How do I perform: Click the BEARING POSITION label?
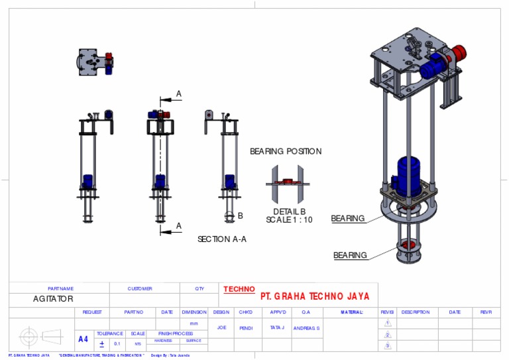(286, 151)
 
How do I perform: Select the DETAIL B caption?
(290, 211)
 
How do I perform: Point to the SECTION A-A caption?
(222, 239)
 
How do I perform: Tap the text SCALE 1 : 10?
(289, 220)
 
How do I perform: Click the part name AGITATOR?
(53, 299)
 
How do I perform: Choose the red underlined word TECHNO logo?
(239, 289)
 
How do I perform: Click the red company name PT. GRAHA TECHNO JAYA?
(315, 296)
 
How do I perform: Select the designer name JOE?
(221, 328)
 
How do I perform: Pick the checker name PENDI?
(246, 328)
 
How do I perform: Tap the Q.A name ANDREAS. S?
(307, 328)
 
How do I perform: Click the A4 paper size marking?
(83, 339)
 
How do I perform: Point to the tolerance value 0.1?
(117, 344)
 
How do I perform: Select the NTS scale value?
(138, 344)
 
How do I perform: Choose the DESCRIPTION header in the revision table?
(416, 312)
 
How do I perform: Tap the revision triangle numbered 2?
(388, 335)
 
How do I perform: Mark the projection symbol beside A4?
(40, 336)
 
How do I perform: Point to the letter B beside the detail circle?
(240, 215)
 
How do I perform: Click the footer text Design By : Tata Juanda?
(170, 356)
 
